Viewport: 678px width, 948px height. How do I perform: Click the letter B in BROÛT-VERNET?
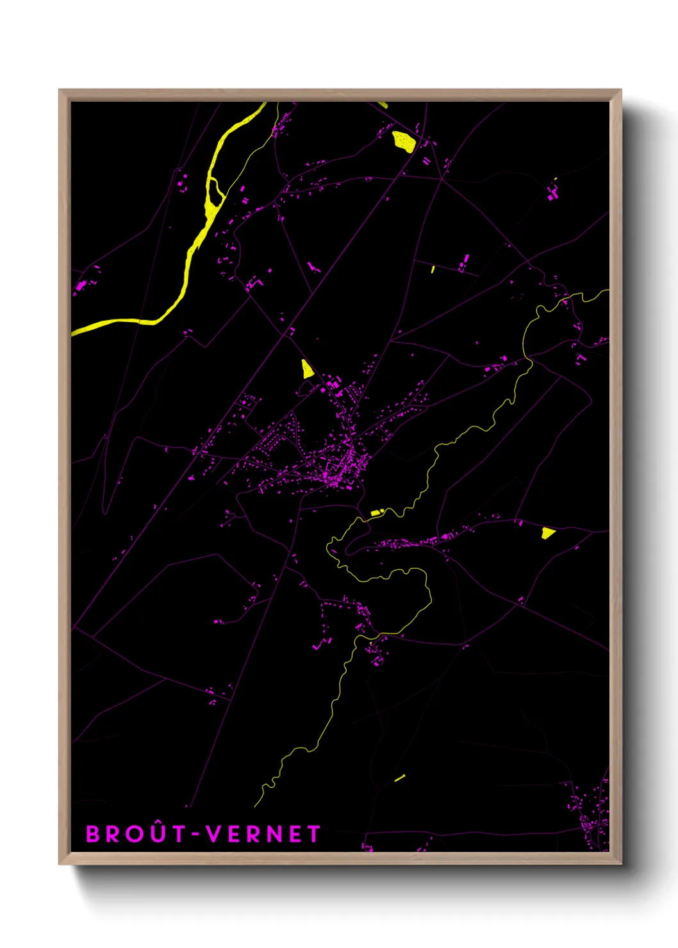94,834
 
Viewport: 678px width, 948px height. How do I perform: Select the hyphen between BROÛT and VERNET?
195,835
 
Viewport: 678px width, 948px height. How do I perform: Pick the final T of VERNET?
313,834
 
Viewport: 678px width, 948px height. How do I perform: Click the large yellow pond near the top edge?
403,142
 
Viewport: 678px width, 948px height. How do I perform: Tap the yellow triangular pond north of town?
306,369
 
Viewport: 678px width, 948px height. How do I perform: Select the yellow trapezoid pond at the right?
547,533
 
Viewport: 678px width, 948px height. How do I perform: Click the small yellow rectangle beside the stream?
376,513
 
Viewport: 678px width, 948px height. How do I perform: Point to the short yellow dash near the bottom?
399,778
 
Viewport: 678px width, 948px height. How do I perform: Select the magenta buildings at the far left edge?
82,284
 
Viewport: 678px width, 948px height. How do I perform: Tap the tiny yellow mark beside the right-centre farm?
433,270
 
